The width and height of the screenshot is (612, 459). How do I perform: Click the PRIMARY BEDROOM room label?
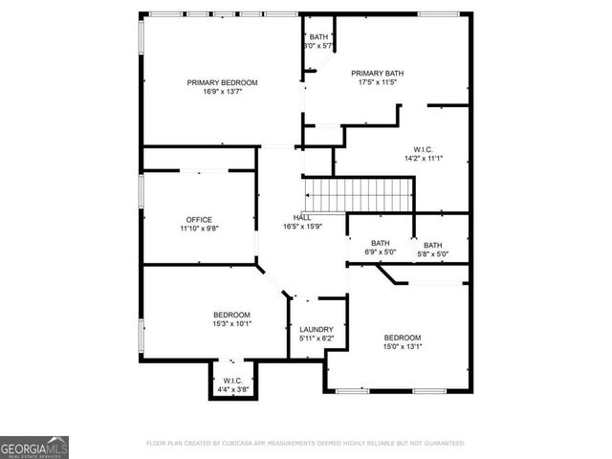pos(222,83)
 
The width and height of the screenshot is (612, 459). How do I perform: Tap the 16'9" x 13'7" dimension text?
pos(222,93)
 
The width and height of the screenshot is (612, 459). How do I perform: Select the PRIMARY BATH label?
pos(378,73)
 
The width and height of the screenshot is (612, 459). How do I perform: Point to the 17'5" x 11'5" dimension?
pos(378,83)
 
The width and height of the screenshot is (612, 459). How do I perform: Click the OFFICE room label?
pos(199,220)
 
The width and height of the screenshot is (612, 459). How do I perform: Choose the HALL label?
pos(302,217)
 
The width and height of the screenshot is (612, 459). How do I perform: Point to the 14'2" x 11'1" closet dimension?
pos(424,159)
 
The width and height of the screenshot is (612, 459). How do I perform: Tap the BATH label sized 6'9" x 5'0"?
pos(381,244)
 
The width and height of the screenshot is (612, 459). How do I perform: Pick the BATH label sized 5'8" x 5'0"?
pos(433,245)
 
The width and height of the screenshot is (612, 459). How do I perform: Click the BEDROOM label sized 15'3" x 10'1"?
pos(231,315)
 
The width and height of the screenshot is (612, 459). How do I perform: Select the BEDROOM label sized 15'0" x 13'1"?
pos(403,338)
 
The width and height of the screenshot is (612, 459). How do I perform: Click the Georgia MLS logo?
pos(34,447)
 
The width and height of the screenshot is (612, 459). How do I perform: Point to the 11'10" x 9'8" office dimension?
pos(199,229)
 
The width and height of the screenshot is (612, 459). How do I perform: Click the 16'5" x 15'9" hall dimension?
pos(302,227)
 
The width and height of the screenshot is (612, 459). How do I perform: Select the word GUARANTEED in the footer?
pos(446,444)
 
